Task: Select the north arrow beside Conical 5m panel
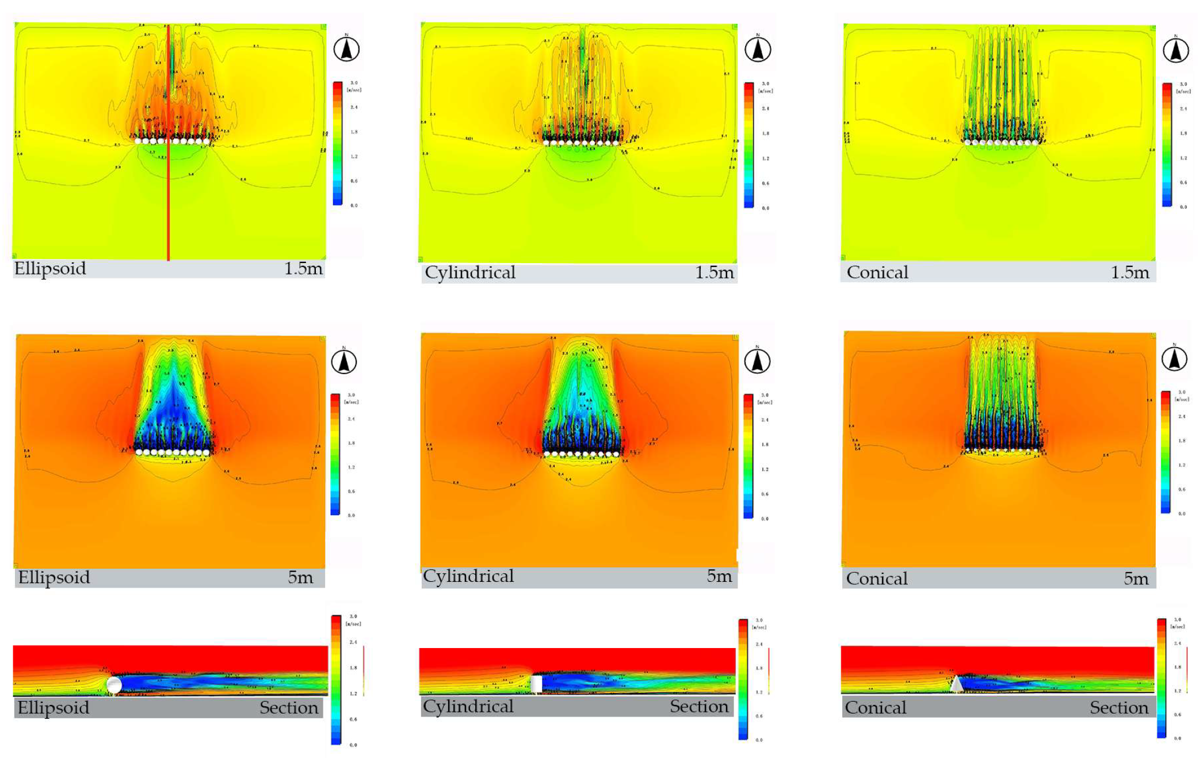coord(1174,359)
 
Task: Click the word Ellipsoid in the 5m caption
coord(54,577)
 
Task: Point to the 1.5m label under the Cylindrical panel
coord(715,272)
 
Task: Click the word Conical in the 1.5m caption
coord(877,272)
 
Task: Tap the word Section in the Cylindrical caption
coord(699,706)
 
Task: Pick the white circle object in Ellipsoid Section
coord(114,684)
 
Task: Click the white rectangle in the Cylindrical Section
coord(536,684)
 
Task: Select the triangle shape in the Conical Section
coord(956,684)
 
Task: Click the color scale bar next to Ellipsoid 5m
coord(335,455)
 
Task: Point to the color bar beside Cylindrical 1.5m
coord(749,145)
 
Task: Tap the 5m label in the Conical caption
coord(1136,578)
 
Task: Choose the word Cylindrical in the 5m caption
coord(468,576)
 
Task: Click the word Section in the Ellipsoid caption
coord(289,707)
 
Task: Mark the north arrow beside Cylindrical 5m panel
coord(757,361)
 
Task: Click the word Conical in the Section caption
coord(875,707)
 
